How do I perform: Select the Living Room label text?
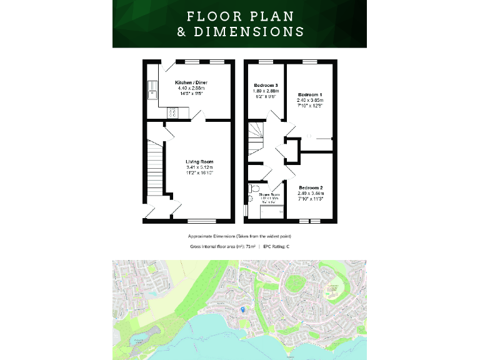pos(199,162)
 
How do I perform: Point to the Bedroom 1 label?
pos(310,94)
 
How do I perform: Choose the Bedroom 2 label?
pos(311,187)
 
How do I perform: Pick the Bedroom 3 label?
pos(266,85)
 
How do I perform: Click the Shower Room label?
pos(269,194)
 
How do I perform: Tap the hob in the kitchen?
pos(172,113)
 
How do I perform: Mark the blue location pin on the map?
pos(243,309)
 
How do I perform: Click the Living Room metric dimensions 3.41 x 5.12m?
pos(199,167)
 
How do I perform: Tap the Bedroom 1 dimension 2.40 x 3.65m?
pos(310,100)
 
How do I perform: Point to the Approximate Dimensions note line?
pos(239,236)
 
